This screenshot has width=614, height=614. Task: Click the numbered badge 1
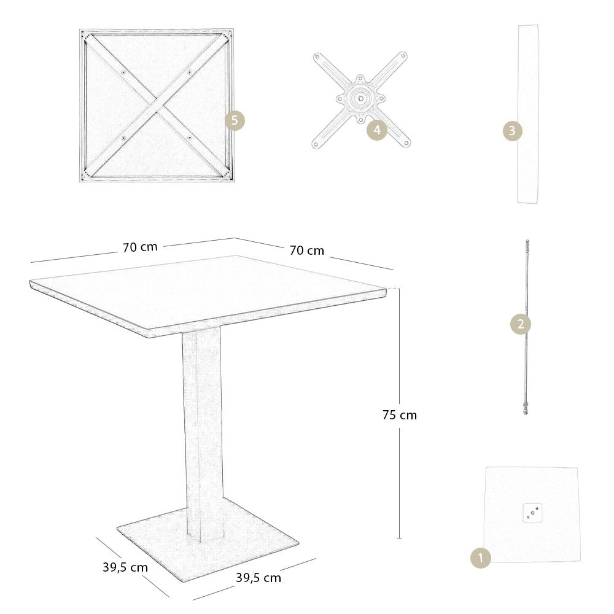click(481, 558)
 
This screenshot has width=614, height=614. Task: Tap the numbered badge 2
click(521, 324)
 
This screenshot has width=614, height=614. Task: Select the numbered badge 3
click(513, 131)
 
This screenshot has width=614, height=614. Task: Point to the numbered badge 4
click(377, 130)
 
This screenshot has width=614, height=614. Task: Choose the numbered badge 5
click(235, 120)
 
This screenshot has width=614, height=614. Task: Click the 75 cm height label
click(399, 415)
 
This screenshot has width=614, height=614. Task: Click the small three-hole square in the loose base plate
click(532, 511)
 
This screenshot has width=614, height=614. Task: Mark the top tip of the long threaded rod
click(527, 242)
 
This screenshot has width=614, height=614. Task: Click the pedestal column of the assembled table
click(203, 430)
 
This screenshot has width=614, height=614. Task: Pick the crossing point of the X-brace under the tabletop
click(157, 104)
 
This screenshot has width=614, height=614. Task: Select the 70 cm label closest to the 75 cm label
click(306, 251)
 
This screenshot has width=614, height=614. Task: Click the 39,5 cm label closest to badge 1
click(258, 578)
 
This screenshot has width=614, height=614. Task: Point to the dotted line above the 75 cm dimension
click(394, 289)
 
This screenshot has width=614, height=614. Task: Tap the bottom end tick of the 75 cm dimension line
click(399, 538)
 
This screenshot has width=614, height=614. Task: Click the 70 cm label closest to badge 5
click(140, 247)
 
